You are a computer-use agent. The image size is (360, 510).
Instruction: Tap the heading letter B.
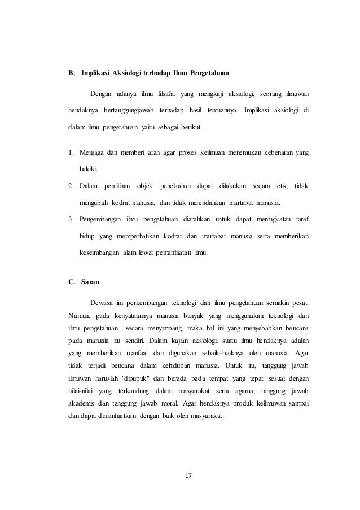pos(71,73)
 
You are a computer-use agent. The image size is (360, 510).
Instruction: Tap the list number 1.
pos(70,152)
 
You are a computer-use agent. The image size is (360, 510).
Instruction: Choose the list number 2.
pos(70,185)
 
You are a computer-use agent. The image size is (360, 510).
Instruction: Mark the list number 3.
pos(70,219)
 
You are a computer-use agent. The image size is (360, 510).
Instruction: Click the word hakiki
pos(88,169)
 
